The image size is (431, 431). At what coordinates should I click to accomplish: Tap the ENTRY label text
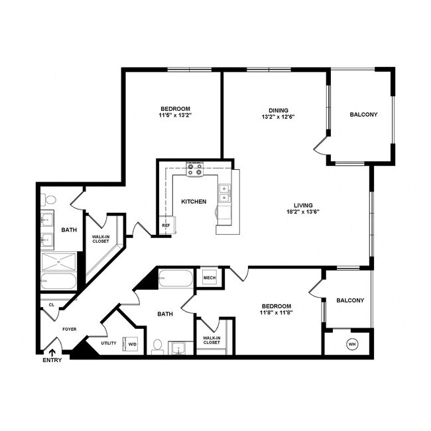(x=52, y=360)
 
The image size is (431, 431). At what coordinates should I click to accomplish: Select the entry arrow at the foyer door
(x=52, y=351)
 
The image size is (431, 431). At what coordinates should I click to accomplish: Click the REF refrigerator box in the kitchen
(x=165, y=225)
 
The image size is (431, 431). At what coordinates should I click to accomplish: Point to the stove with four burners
(x=195, y=170)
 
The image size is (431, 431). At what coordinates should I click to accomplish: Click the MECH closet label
(x=210, y=277)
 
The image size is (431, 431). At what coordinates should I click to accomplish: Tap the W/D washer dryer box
(x=132, y=344)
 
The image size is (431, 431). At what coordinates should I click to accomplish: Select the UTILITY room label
(x=108, y=343)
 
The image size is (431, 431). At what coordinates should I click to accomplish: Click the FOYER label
(x=70, y=328)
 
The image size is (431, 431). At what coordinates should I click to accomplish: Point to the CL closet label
(x=51, y=306)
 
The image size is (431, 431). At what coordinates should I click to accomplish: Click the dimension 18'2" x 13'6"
(x=304, y=213)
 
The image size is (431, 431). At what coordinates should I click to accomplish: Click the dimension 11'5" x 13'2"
(x=175, y=116)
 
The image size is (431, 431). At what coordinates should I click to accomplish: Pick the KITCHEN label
(x=194, y=202)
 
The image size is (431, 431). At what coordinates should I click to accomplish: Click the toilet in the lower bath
(x=158, y=345)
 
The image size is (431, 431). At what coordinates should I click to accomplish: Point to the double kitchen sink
(x=225, y=192)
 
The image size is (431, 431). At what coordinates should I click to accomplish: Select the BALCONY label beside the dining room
(x=363, y=115)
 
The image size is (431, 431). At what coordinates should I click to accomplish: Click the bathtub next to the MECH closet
(x=175, y=278)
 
